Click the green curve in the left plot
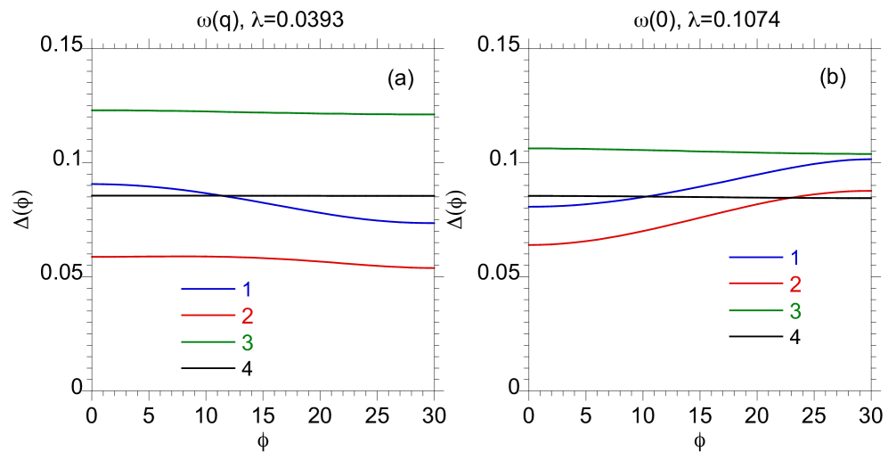(x=263, y=112)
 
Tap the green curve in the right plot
(x=699, y=151)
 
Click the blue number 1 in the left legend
(x=247, y=289)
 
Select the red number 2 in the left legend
(x=247, y=316)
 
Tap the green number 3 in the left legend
(x=247, y=342)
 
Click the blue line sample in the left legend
(x=208, y=289)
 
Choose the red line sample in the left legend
(x=208, y=316)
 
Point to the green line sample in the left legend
(x=208, y=342)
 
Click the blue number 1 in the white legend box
(x=794, y=258)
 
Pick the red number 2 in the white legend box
(x=794, y=284)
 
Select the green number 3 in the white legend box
(x=794, y=311)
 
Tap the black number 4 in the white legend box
(x=794, y=337)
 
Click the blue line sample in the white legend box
(x=755, y=258)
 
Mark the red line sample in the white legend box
(x=755, y=284)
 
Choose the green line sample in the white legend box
(x=755, y=311)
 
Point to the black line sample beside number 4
(x=755, y=337)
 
